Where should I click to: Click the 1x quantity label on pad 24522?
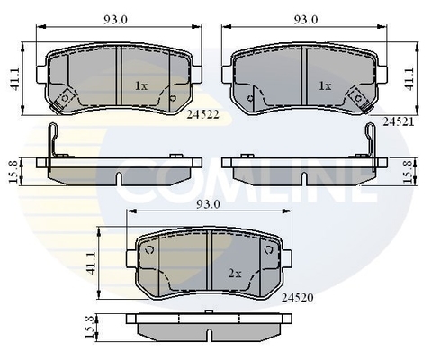[x=141, y=85]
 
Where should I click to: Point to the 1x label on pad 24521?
[x=325, y=85]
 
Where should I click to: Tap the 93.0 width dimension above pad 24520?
[x=210, y=205]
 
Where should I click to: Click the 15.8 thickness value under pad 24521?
[x=409, y=170]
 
